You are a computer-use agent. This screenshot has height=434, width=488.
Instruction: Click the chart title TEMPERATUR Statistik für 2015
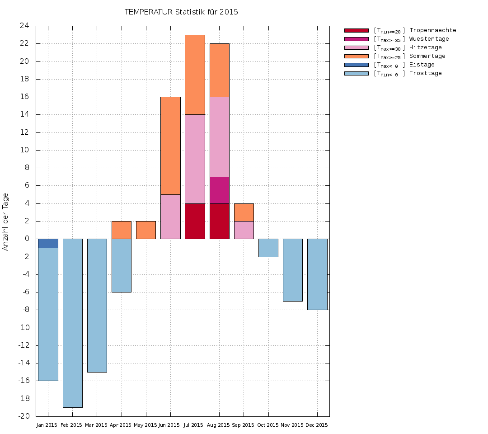[x=181, y=12]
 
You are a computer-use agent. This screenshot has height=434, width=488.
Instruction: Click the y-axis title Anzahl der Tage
[x=6, y=222]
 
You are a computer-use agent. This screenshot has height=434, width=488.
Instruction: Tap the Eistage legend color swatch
[x=357, y=65]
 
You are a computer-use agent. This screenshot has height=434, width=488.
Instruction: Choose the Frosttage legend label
[x=425, y=73]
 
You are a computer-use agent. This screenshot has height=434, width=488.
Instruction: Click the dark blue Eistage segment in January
[x=48, y=244]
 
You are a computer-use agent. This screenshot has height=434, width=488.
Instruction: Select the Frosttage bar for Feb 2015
[x=72, y=323]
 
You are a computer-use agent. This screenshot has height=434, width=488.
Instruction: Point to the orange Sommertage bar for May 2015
[x=146, y=230]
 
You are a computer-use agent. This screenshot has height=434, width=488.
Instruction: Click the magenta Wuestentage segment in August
[x=220, y=190]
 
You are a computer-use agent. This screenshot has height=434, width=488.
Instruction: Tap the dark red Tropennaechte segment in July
[x=195, y=221]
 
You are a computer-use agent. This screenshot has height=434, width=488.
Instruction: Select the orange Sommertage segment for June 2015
[x=170, y=146]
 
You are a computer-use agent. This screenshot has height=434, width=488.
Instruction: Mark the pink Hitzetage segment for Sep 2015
[x=244, y=230]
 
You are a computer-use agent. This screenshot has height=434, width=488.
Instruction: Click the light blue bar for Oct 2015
[x=268, y=248]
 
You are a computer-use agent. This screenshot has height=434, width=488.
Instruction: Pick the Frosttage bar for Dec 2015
[x=317, y=274]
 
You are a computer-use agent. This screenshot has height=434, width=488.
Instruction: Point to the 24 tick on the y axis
[x=24, y=26]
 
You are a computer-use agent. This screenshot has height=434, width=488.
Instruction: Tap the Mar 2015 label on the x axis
[x=96, y=425]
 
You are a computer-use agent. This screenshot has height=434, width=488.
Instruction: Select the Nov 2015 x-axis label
[x=292, y=425]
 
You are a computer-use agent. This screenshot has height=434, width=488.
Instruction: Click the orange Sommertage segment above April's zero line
[x=122, y=230]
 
